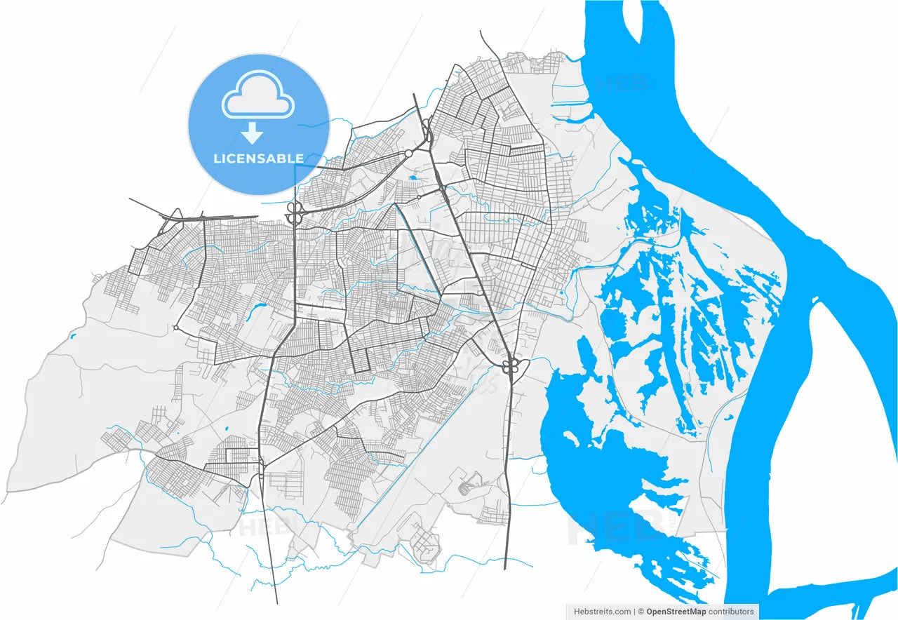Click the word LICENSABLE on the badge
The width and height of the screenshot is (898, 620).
[x=258, y=159]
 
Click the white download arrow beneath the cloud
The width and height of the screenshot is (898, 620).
[x=252, y=133]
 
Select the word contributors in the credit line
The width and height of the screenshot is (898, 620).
[x=731, y=612]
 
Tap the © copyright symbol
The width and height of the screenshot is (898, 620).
[x=641, y=612]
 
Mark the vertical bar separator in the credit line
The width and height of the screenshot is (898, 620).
[x=634, y=612]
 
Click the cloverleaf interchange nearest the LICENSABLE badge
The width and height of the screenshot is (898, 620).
[x=294, y=213]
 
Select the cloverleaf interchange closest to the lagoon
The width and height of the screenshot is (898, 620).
[x=510, y=365]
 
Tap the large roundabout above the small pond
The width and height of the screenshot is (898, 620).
[x=408, y=154]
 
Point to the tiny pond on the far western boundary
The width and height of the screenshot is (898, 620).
[x=72, y=337]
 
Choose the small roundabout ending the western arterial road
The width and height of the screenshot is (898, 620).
[x=176, y=328]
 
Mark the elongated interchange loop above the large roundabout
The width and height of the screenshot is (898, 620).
[x=426, y=130]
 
